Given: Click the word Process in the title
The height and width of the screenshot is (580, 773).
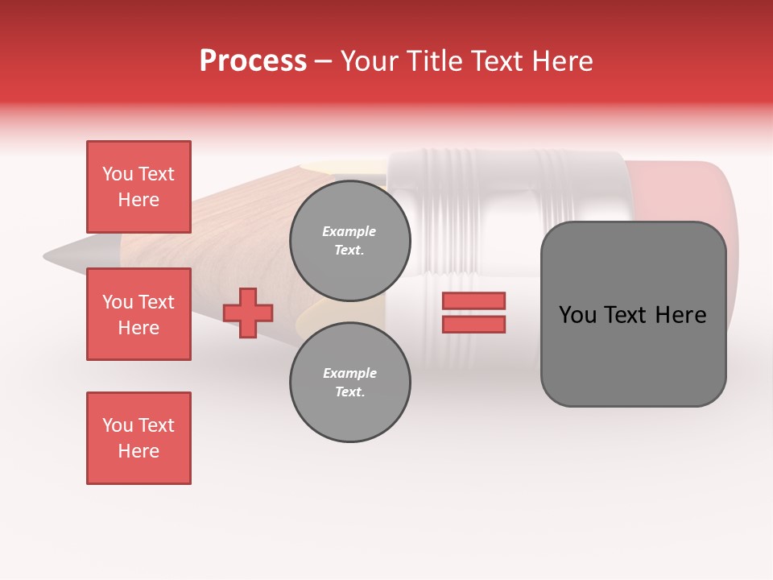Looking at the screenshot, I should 253,61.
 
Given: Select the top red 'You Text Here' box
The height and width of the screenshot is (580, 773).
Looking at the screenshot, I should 138,187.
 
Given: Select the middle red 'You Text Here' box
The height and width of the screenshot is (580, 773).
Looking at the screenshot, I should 138,314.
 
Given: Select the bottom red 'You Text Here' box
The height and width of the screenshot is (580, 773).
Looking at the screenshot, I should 138,438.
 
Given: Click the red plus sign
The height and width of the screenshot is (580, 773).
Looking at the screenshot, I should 248,313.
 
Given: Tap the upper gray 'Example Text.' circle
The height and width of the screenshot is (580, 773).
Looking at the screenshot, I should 349,241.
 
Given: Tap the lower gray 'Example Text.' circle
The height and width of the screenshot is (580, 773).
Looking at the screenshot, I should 349,383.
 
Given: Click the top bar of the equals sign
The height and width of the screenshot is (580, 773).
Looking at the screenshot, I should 473,300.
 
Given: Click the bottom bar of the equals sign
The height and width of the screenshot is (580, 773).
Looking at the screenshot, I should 473,324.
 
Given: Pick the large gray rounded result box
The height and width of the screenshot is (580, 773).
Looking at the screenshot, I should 633,314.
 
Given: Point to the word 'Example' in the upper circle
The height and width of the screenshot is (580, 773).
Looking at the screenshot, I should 349,231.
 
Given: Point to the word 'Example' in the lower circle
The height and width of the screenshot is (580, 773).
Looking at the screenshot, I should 349,373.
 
